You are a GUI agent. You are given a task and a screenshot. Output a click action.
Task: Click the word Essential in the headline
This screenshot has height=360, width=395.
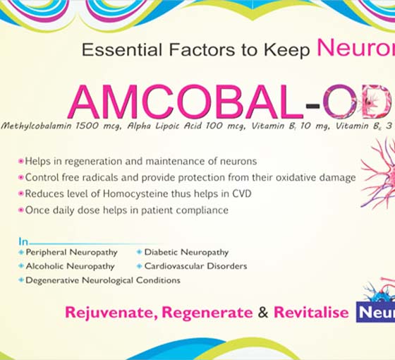coord(122,49)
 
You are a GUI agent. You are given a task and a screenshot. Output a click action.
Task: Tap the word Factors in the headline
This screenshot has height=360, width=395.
coord(202,49)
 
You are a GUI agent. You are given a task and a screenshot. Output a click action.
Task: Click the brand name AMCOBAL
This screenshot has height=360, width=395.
coord(186,102)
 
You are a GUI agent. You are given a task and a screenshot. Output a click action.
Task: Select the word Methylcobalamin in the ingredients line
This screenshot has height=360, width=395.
coord(37,126)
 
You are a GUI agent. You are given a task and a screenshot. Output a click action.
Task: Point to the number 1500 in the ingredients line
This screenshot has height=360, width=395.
coord(87,126)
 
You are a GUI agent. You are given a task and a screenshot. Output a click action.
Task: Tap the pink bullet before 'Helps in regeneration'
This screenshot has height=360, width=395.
coord(21,161)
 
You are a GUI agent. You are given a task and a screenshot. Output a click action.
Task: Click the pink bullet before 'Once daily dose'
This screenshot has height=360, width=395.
coord(21,210)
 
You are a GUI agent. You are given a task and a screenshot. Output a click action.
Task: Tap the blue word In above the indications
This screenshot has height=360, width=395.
coord(23,241)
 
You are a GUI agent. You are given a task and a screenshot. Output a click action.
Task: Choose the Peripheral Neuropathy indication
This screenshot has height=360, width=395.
coord(71,253)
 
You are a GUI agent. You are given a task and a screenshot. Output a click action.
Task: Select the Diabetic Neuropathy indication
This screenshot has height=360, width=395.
coord(186,253)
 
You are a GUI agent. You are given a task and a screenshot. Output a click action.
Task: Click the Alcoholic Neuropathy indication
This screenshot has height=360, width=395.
coord(71,266)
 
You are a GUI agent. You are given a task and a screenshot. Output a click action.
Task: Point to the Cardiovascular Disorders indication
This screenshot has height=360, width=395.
coord(196,266)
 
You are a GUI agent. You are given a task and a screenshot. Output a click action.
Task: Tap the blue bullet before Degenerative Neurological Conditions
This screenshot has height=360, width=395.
coord(21,280)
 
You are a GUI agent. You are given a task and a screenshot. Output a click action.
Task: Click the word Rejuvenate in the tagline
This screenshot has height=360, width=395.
coord(109,313)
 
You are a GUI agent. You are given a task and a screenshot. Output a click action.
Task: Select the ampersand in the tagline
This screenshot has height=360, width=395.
coord(263,312)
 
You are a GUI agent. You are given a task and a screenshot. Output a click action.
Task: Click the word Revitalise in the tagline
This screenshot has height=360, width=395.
coord(311,312)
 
